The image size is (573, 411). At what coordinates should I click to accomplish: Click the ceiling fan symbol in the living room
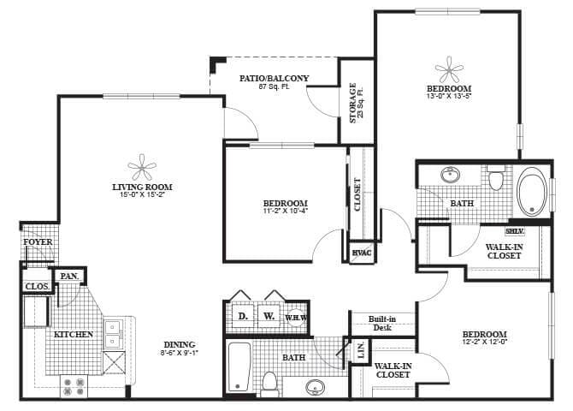pos(142,167)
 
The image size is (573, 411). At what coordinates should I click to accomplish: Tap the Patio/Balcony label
pos(275,78)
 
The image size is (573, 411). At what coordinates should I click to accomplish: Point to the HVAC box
pos(360,253)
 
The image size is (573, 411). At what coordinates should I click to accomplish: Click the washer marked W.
pos(269,316)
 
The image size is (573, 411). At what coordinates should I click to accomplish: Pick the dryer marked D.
pos(242,316)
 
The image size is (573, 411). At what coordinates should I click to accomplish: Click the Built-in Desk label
pos(381,323)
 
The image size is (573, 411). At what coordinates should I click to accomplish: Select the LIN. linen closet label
pos(360,351)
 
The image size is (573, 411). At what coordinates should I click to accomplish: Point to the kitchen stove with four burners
pos(71,386)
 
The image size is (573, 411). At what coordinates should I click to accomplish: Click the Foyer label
pos(38,242)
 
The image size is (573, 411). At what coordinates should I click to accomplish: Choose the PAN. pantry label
pos(69,277)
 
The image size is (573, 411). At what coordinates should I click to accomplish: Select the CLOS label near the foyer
pos(37,286)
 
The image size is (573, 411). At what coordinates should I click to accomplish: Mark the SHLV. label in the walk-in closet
pos(514,231)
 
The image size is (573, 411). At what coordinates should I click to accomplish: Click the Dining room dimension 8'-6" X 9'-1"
pos(180,352)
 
